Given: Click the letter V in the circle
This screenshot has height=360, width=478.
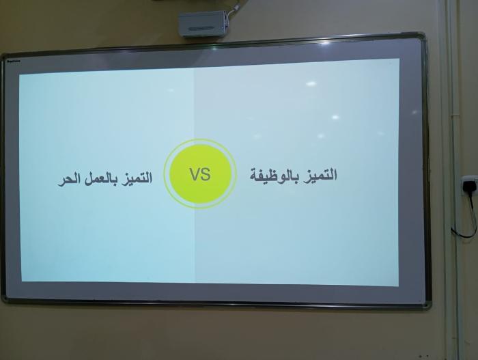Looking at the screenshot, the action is (x=195, y=174).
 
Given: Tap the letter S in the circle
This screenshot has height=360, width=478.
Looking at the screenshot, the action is (x=206, y=174).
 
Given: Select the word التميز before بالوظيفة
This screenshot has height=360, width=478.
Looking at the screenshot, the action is (x=319, y=175).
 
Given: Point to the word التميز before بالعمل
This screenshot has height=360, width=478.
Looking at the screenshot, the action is (x=136, y=178).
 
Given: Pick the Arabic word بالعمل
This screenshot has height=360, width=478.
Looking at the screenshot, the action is (x=98, y=179).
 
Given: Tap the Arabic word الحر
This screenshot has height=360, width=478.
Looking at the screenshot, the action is (x=67, y=180).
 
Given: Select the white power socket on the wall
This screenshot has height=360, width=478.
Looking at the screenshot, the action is (x=470, y=185).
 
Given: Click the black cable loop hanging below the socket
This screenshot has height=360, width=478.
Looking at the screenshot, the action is (x=467, y=217).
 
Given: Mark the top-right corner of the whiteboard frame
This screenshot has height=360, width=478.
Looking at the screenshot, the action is (x=424, y=33).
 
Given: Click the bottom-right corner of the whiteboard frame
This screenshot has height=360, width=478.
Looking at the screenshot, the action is (x=430, y=307).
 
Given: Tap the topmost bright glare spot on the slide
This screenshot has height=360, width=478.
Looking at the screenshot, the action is (x=311, y=83).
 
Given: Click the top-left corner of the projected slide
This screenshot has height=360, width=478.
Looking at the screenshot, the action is (x=19, y=74).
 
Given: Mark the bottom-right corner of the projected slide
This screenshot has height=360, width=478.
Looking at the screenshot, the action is (x=398, y=286).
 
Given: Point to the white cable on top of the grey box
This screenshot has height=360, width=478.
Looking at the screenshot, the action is (x=235, y=9).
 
